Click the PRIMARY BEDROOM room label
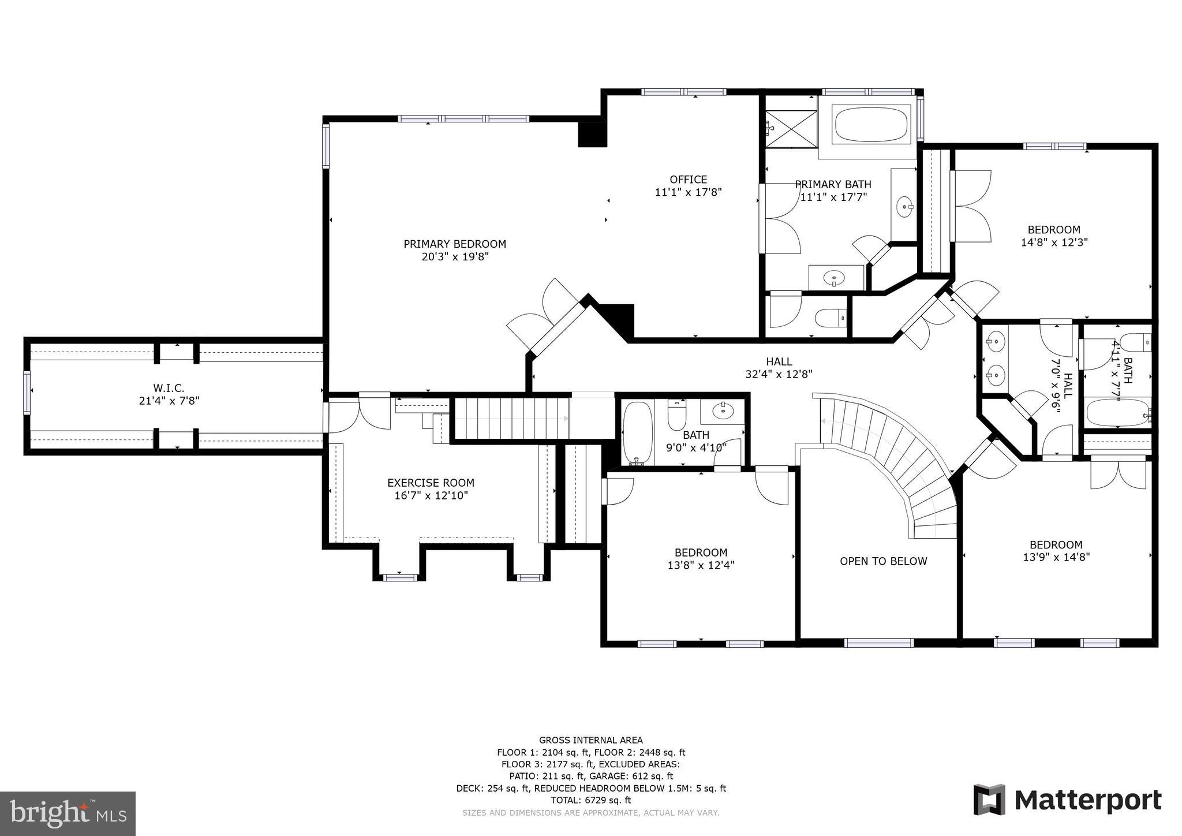coord(454,244)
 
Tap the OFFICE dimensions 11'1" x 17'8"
coord(688,192)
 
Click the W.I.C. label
coord(169,388)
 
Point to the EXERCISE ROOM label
coord(431,483)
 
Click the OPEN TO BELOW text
coord(883,561)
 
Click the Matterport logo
coord(1067,800)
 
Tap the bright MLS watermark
coord(68,814)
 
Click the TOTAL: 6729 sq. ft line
coord(590,800)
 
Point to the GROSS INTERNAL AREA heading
coord(590,740)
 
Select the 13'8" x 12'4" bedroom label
coord(701,559)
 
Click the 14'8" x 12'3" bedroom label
coord(1054,236)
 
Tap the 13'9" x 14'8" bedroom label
coord(1056,551)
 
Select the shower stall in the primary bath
coord(791,129)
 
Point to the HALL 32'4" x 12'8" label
coord(779,368)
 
